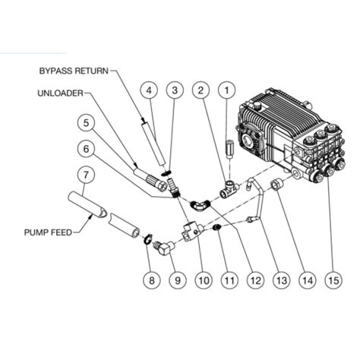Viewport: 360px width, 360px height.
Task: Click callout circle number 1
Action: point(225,91)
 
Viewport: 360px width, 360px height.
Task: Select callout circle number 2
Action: point(200,91)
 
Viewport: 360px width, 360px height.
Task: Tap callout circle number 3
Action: point(175,91)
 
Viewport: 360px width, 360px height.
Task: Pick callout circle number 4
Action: point(150,91)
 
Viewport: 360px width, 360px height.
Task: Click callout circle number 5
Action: point(87,122)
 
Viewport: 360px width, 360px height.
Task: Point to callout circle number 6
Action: point(87,150)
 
